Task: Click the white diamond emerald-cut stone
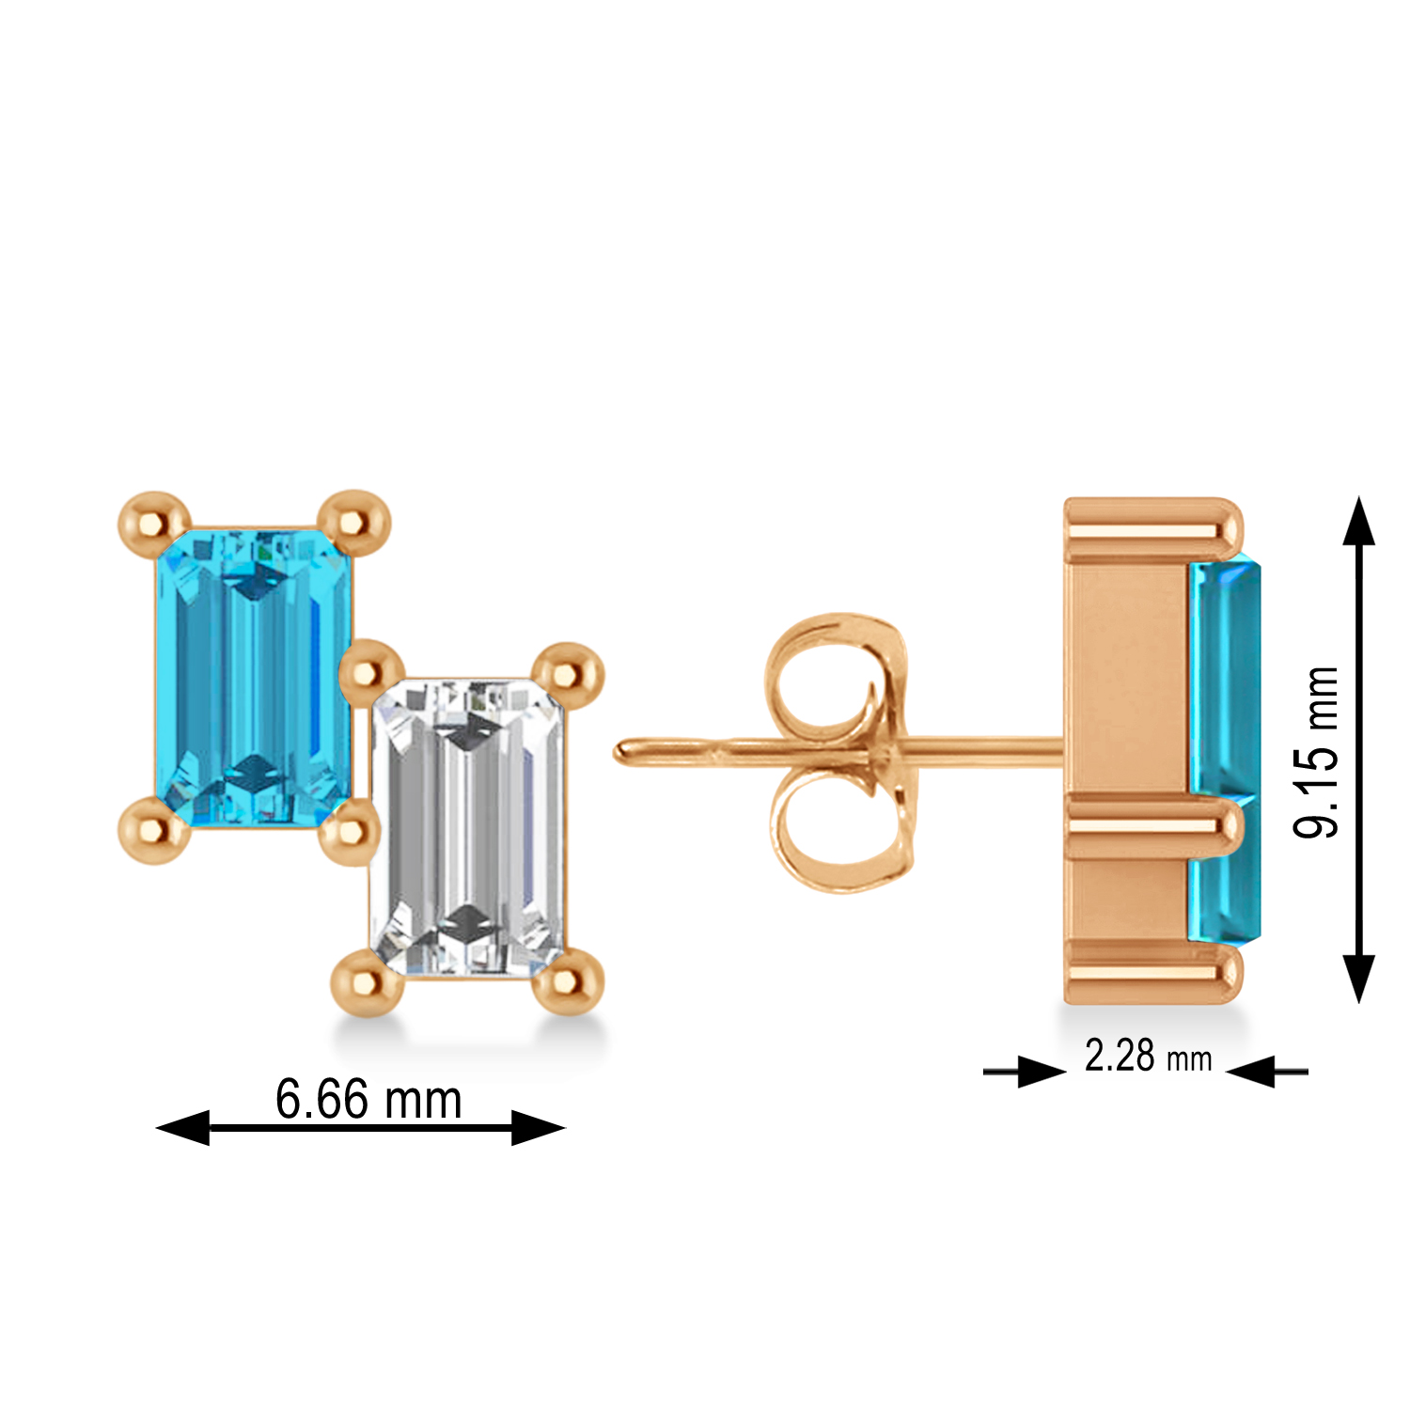tap(467, 827)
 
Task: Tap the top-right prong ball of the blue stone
tap(354, 520)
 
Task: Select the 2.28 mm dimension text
tap(1148, 1057)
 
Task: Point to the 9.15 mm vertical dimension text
tap(1316, 752)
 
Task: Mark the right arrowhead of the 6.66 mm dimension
tap(538, 1127)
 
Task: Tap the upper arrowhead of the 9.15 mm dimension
tap(1358, 523)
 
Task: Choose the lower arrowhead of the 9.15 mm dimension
tap(1358, 978)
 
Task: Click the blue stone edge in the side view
tap(1224, 752)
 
